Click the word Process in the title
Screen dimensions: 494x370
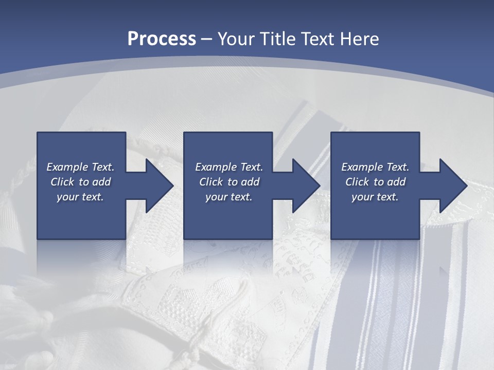tap(162, 39)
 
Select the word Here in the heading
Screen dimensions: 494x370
tap(360, 39)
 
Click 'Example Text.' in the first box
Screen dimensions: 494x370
tap(81, 167)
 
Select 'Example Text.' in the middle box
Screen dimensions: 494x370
tap(229, 167)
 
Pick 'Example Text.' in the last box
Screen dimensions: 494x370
tap(375, 167)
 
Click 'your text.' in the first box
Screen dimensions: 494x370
tap(80, 197)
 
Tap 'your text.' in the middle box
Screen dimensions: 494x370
tap(229, 197)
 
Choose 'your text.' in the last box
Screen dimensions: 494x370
tap(375, 197)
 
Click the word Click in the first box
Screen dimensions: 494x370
tap(62, 182)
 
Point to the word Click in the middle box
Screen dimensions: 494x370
tap(211, 182)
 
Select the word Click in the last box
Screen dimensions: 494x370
tap(357, 182)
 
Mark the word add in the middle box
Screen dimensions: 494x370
tap(250, 182)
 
